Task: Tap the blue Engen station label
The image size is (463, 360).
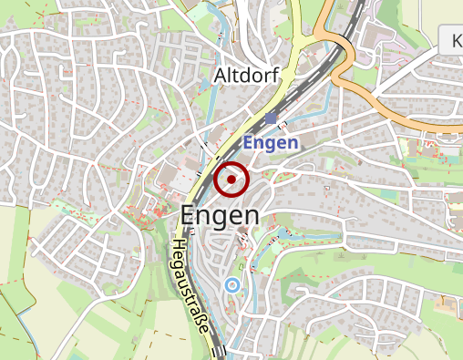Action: [x=271, y=144]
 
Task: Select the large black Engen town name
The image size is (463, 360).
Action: [x=220, y=216]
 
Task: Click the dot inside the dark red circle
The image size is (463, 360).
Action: [x=231, y=180]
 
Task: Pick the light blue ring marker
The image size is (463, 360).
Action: [x=232, y=285]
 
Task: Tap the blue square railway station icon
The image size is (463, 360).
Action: [x=272, y=118]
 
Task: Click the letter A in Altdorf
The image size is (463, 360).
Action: [x=220, y=78]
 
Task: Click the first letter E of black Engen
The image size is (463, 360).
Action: [x=189, y=215]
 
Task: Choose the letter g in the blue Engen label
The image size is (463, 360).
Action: [x=273, y=146]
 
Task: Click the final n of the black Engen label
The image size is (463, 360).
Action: [x=251, y=217]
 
